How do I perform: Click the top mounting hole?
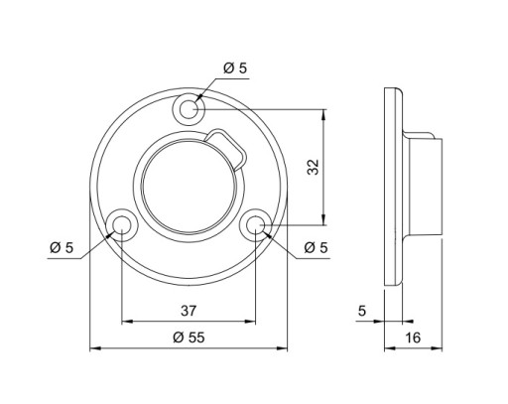coord(189,109)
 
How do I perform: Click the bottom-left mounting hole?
coord(122,225)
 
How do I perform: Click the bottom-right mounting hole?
coord(255,225)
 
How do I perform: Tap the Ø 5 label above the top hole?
coord(235,68)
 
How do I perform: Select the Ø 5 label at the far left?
coord(62,247)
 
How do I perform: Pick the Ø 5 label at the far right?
coord(316,247)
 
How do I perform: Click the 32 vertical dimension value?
coord(313,167)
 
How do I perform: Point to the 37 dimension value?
coord(189,311)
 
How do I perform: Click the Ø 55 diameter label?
coord(189,337)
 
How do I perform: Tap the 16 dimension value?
coord(413,337)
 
